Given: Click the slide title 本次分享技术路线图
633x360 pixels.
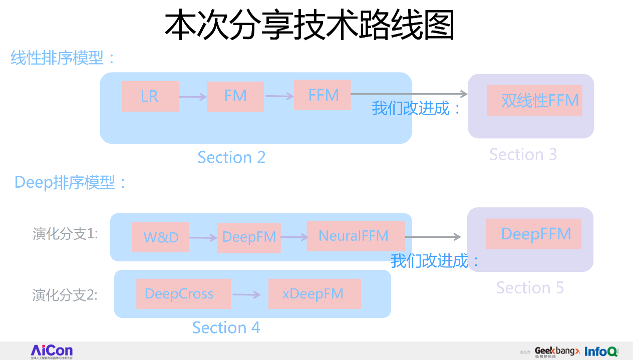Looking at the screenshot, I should (309, 26).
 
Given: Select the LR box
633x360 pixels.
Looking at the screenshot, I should (150, 96).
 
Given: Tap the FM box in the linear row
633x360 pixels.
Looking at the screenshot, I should (235, 96).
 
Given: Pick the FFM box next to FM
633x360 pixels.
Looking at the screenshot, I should (323, 95).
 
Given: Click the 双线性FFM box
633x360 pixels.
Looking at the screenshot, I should (535, 101).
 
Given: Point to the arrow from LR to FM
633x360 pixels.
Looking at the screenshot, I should (193, 97).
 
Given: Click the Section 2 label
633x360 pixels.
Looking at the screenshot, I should (231, 157).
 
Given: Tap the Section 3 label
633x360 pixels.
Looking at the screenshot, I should (523, 154).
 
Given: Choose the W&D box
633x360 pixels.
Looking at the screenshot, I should (161, 237).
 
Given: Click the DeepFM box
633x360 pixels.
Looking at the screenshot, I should (249, 237).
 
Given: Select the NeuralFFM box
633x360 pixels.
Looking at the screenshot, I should (355, 236).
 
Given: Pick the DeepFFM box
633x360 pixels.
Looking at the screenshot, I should (534, 234).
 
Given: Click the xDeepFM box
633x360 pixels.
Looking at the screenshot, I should (314, 294).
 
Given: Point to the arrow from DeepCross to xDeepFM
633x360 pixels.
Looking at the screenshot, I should (247, 295).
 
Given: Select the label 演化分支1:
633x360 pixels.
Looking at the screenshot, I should (65, 234).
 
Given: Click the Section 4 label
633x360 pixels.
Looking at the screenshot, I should (226, 327).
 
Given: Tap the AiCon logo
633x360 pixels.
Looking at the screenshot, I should (52, 351).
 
